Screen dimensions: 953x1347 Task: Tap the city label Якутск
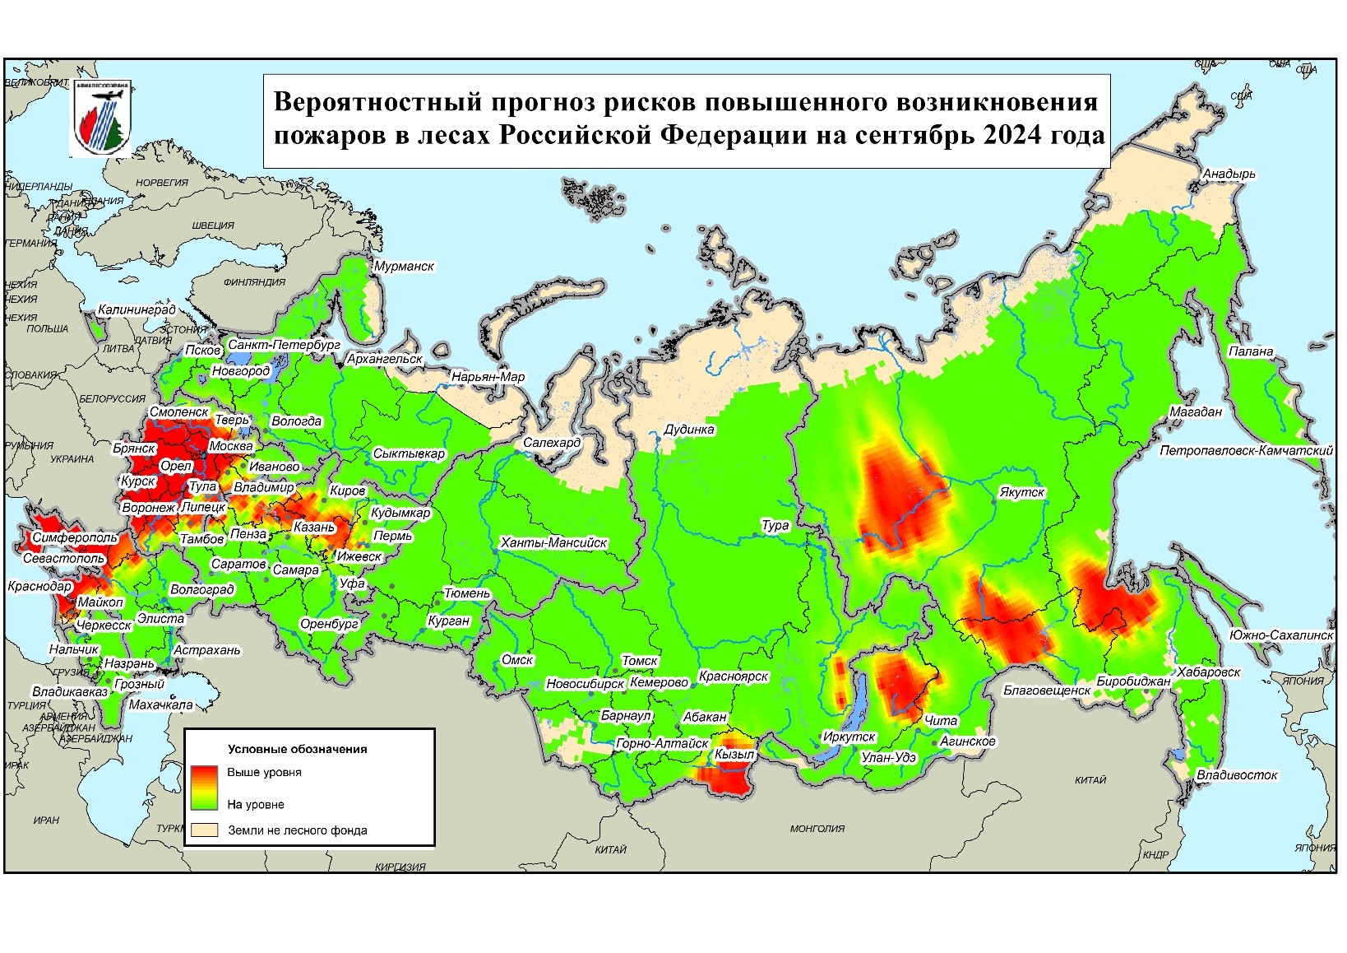[1021, 492]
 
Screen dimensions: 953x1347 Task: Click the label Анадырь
[1229, 174]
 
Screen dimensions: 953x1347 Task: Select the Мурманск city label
[404, 267]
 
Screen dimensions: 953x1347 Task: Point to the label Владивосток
[1237, 774]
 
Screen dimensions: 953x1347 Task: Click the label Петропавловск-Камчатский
[1245, 451]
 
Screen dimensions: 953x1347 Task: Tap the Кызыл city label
[734, 754]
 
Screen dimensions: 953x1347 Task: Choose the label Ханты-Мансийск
[553, 543]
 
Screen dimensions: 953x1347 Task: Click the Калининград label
[137, 310]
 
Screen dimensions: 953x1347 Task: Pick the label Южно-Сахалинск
[1280, 635]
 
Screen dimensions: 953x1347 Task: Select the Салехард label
[552, 443]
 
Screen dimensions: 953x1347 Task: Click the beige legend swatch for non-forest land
[204, 830]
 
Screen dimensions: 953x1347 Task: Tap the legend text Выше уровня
[264, 772]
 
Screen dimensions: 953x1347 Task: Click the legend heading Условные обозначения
[297, 749]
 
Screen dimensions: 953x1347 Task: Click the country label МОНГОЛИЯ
[817, 829]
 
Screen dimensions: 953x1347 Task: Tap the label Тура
[775, 525]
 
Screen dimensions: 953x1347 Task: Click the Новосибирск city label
[585, 684]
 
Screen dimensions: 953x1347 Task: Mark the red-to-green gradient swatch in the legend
[204, 788]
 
